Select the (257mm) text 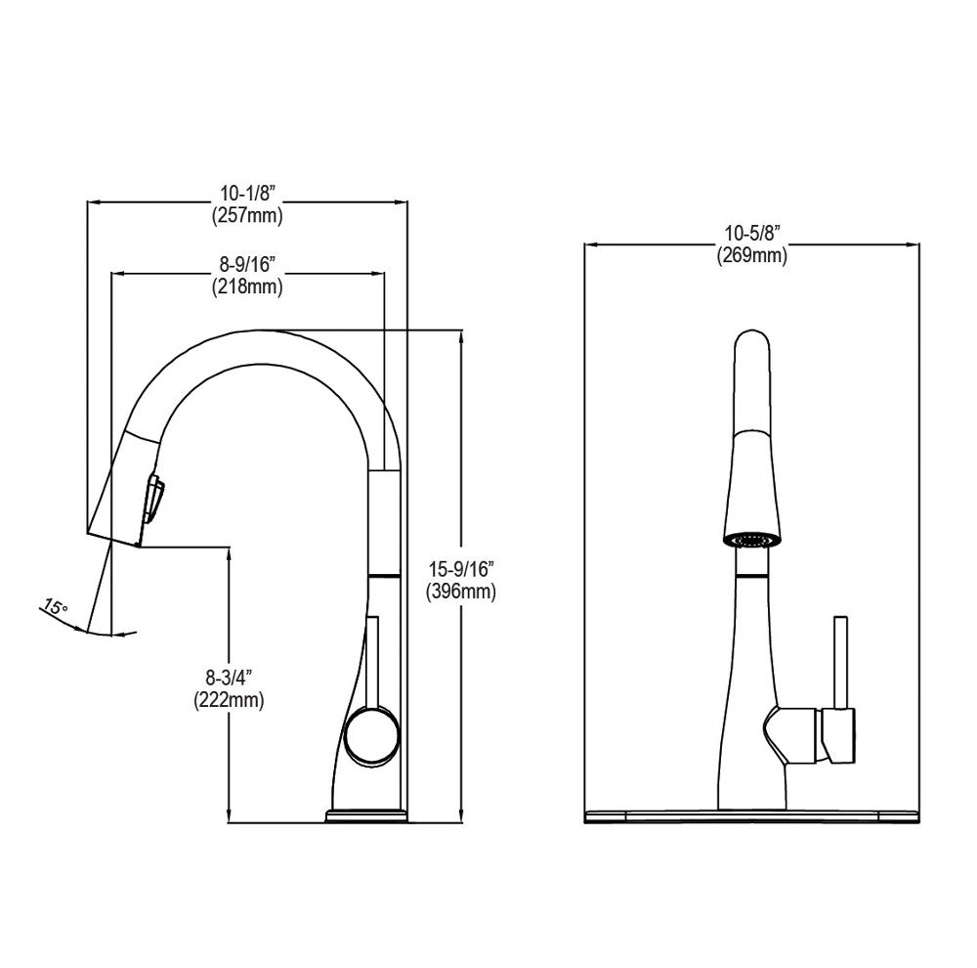[247, 216]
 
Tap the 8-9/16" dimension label [247, 265]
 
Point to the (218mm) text [247, 287]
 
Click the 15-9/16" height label [461, 569]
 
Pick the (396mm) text [461, 592]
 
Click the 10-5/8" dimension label [752, 234]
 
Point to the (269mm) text [752, 255]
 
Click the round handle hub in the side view [372, 734]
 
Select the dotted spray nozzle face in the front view [752, 537]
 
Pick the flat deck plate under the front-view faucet [752, 814]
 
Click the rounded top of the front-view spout [752, 352]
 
